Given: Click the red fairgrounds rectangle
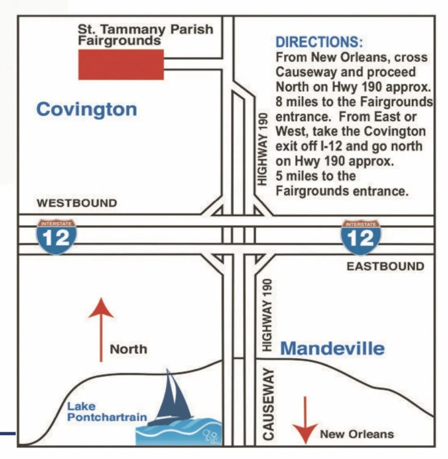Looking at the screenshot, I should pyautogui.click(x=121, y=65).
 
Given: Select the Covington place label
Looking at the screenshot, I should pyautogui.click(x=86, y=109).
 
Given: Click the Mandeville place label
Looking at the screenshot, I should pyautogui.click(x=332, y=348).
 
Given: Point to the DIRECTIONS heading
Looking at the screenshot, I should pyautogui.click(x=319, y=43).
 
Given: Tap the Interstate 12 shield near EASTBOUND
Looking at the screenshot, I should pyautogui.click(x=360, y=237).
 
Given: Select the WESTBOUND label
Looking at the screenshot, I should pyautogui.click(x=77, y=203).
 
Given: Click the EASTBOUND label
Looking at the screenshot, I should pyautogui.click(x=385, y=267).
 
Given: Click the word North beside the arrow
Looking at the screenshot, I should pyautogui.click(x=129, y=349).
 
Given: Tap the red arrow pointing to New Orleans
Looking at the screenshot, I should pyautogui.click(x=306, y=420).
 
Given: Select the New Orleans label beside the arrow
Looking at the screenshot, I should pyautogui.click(x=357, y=434).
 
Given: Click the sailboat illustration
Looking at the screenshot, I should pyautogui.click(x=172, y=397).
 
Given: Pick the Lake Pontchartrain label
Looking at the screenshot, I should pyautogui.click(x=107, y=412).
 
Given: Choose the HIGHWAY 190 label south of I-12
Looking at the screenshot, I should pyautogui.click(x=267, y=316).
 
